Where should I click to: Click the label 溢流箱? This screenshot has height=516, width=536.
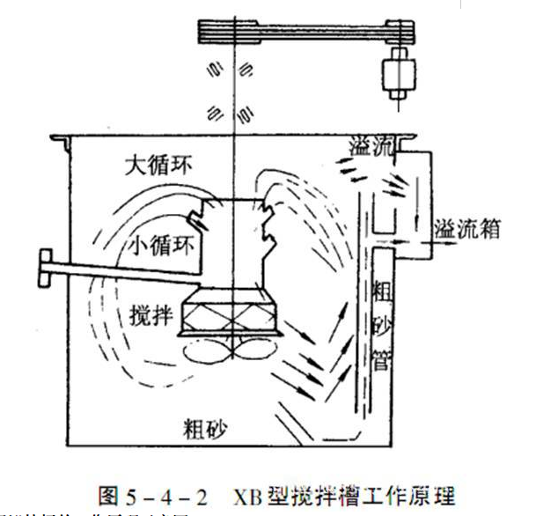(467, 231)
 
